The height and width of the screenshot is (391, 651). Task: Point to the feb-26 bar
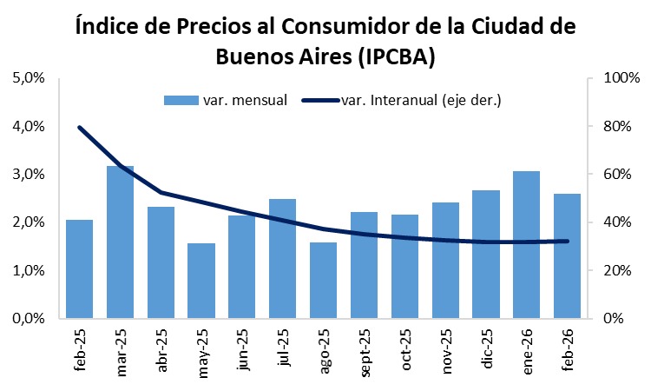[x=567, y=255]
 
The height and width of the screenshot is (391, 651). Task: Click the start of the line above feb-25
[x=79, y=128]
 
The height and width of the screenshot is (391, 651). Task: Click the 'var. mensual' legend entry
[x=226, y=100]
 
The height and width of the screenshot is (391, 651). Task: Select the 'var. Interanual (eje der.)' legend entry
[x=403, y=100]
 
